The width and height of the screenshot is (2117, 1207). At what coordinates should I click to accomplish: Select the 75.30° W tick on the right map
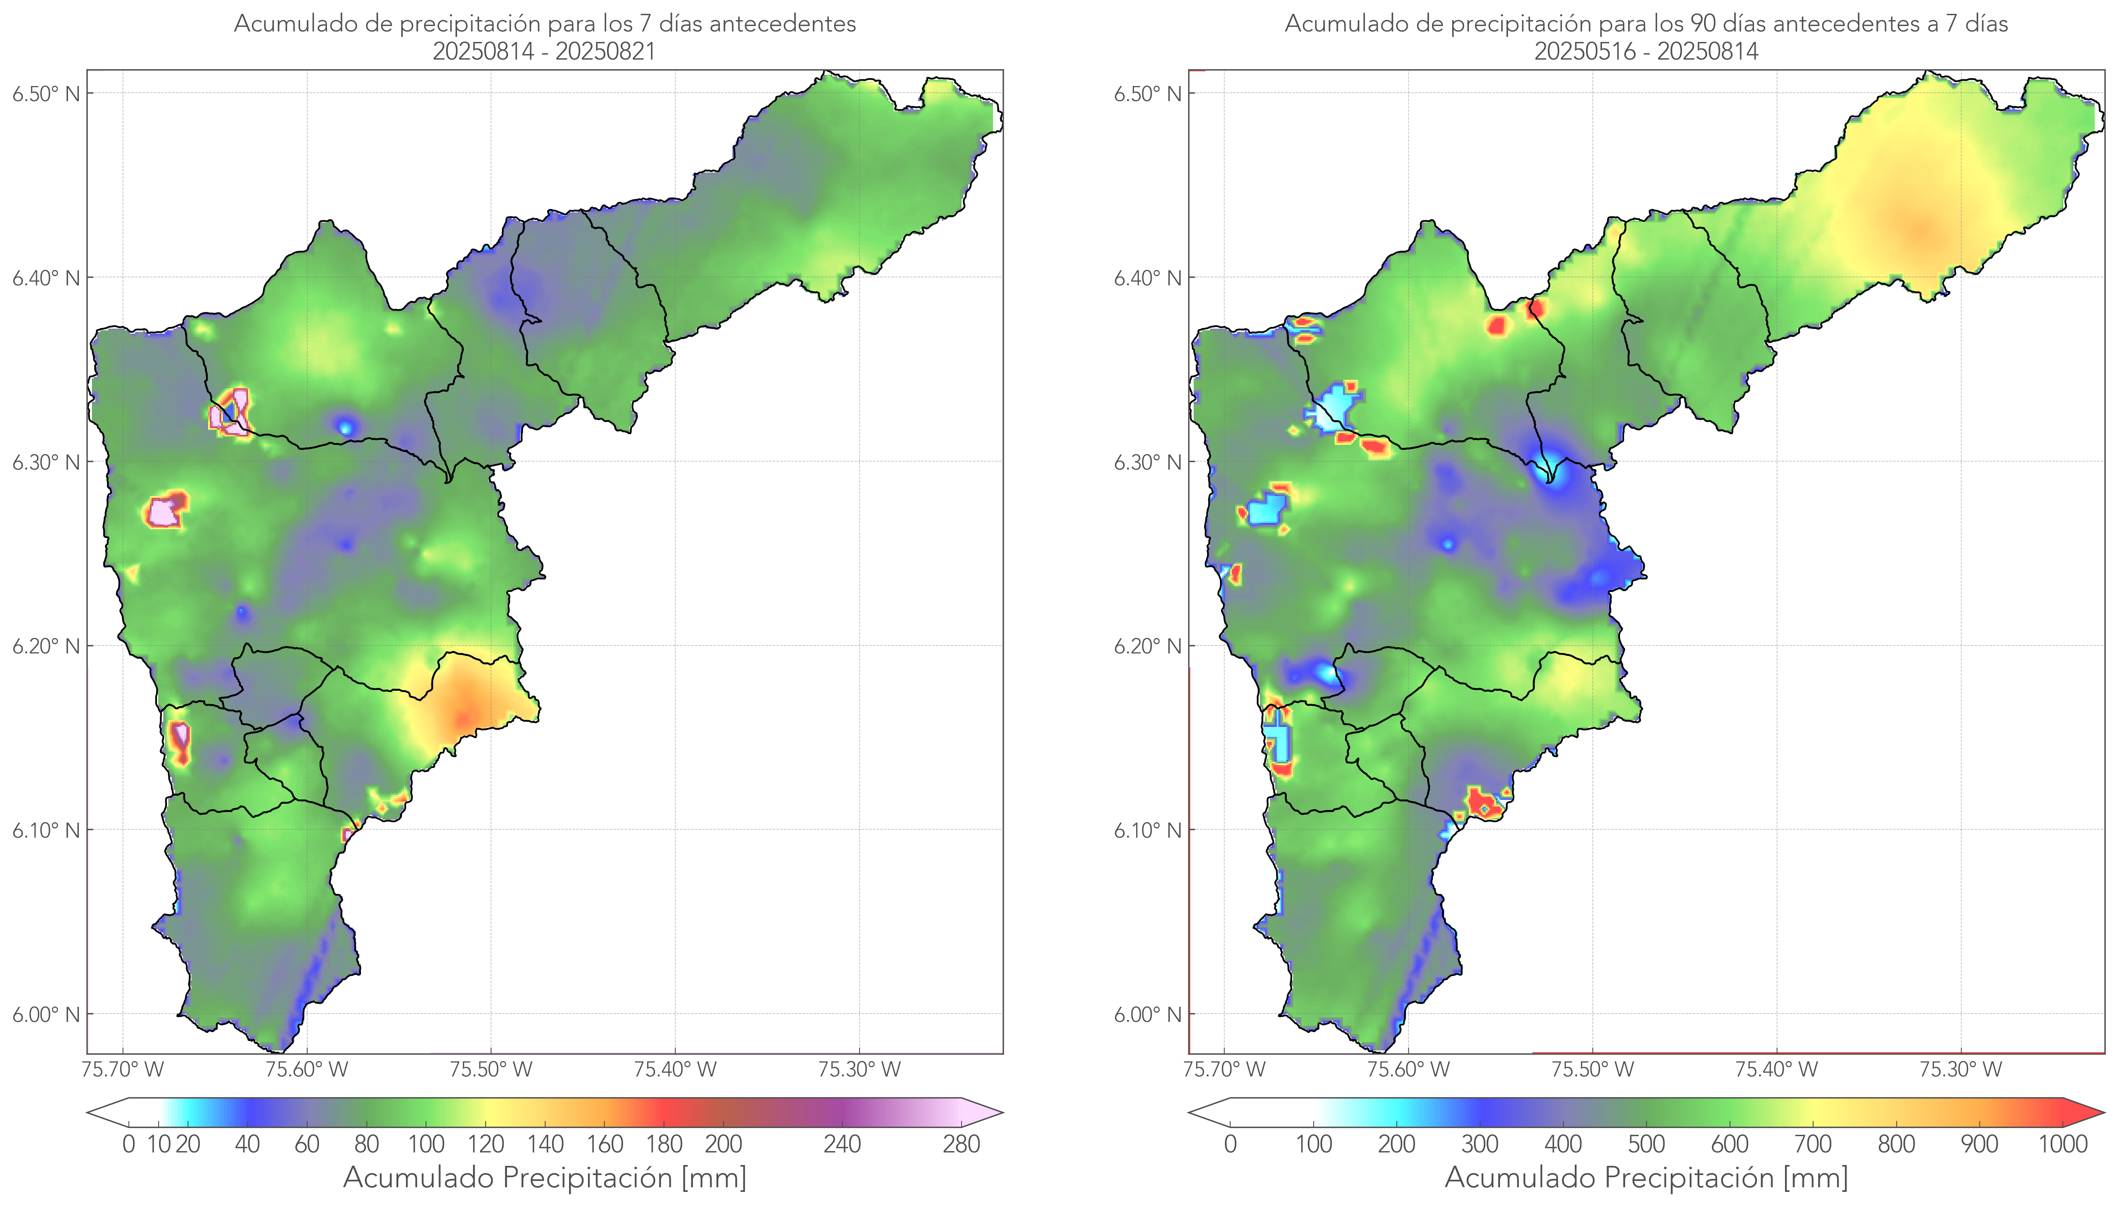pos(1960,1069)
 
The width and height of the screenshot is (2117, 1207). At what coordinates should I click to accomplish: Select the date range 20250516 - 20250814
pos(1646,51)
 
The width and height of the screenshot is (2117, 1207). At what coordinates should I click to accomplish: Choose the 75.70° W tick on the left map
pos(123,1069)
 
